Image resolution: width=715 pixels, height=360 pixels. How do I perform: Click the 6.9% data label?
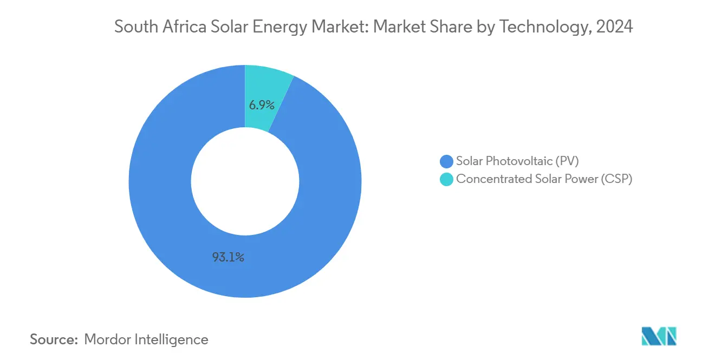click(262, 105)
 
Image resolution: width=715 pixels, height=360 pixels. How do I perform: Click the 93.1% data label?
click(228, 258)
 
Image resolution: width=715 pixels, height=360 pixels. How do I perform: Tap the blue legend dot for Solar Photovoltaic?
click(447, 161)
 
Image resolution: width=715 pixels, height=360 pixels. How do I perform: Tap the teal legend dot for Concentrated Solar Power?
click(447, 179)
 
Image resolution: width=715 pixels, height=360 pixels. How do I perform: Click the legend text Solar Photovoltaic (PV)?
click(517, 161)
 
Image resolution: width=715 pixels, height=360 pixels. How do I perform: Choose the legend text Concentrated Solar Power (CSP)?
click(544, 179)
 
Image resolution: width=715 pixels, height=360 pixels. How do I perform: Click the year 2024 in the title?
click(614, 27)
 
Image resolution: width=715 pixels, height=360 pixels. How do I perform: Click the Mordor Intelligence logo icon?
click(659, 336)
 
